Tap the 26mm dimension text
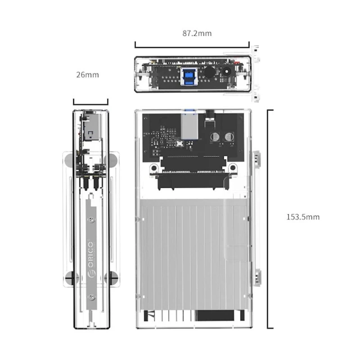point(87,75)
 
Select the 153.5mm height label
point(303,216)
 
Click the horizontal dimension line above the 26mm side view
point(90,103)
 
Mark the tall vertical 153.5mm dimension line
point(269,219)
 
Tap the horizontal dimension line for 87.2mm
point(192,45)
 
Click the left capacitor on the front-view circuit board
point(216,137)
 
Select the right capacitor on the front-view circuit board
point(229,137)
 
